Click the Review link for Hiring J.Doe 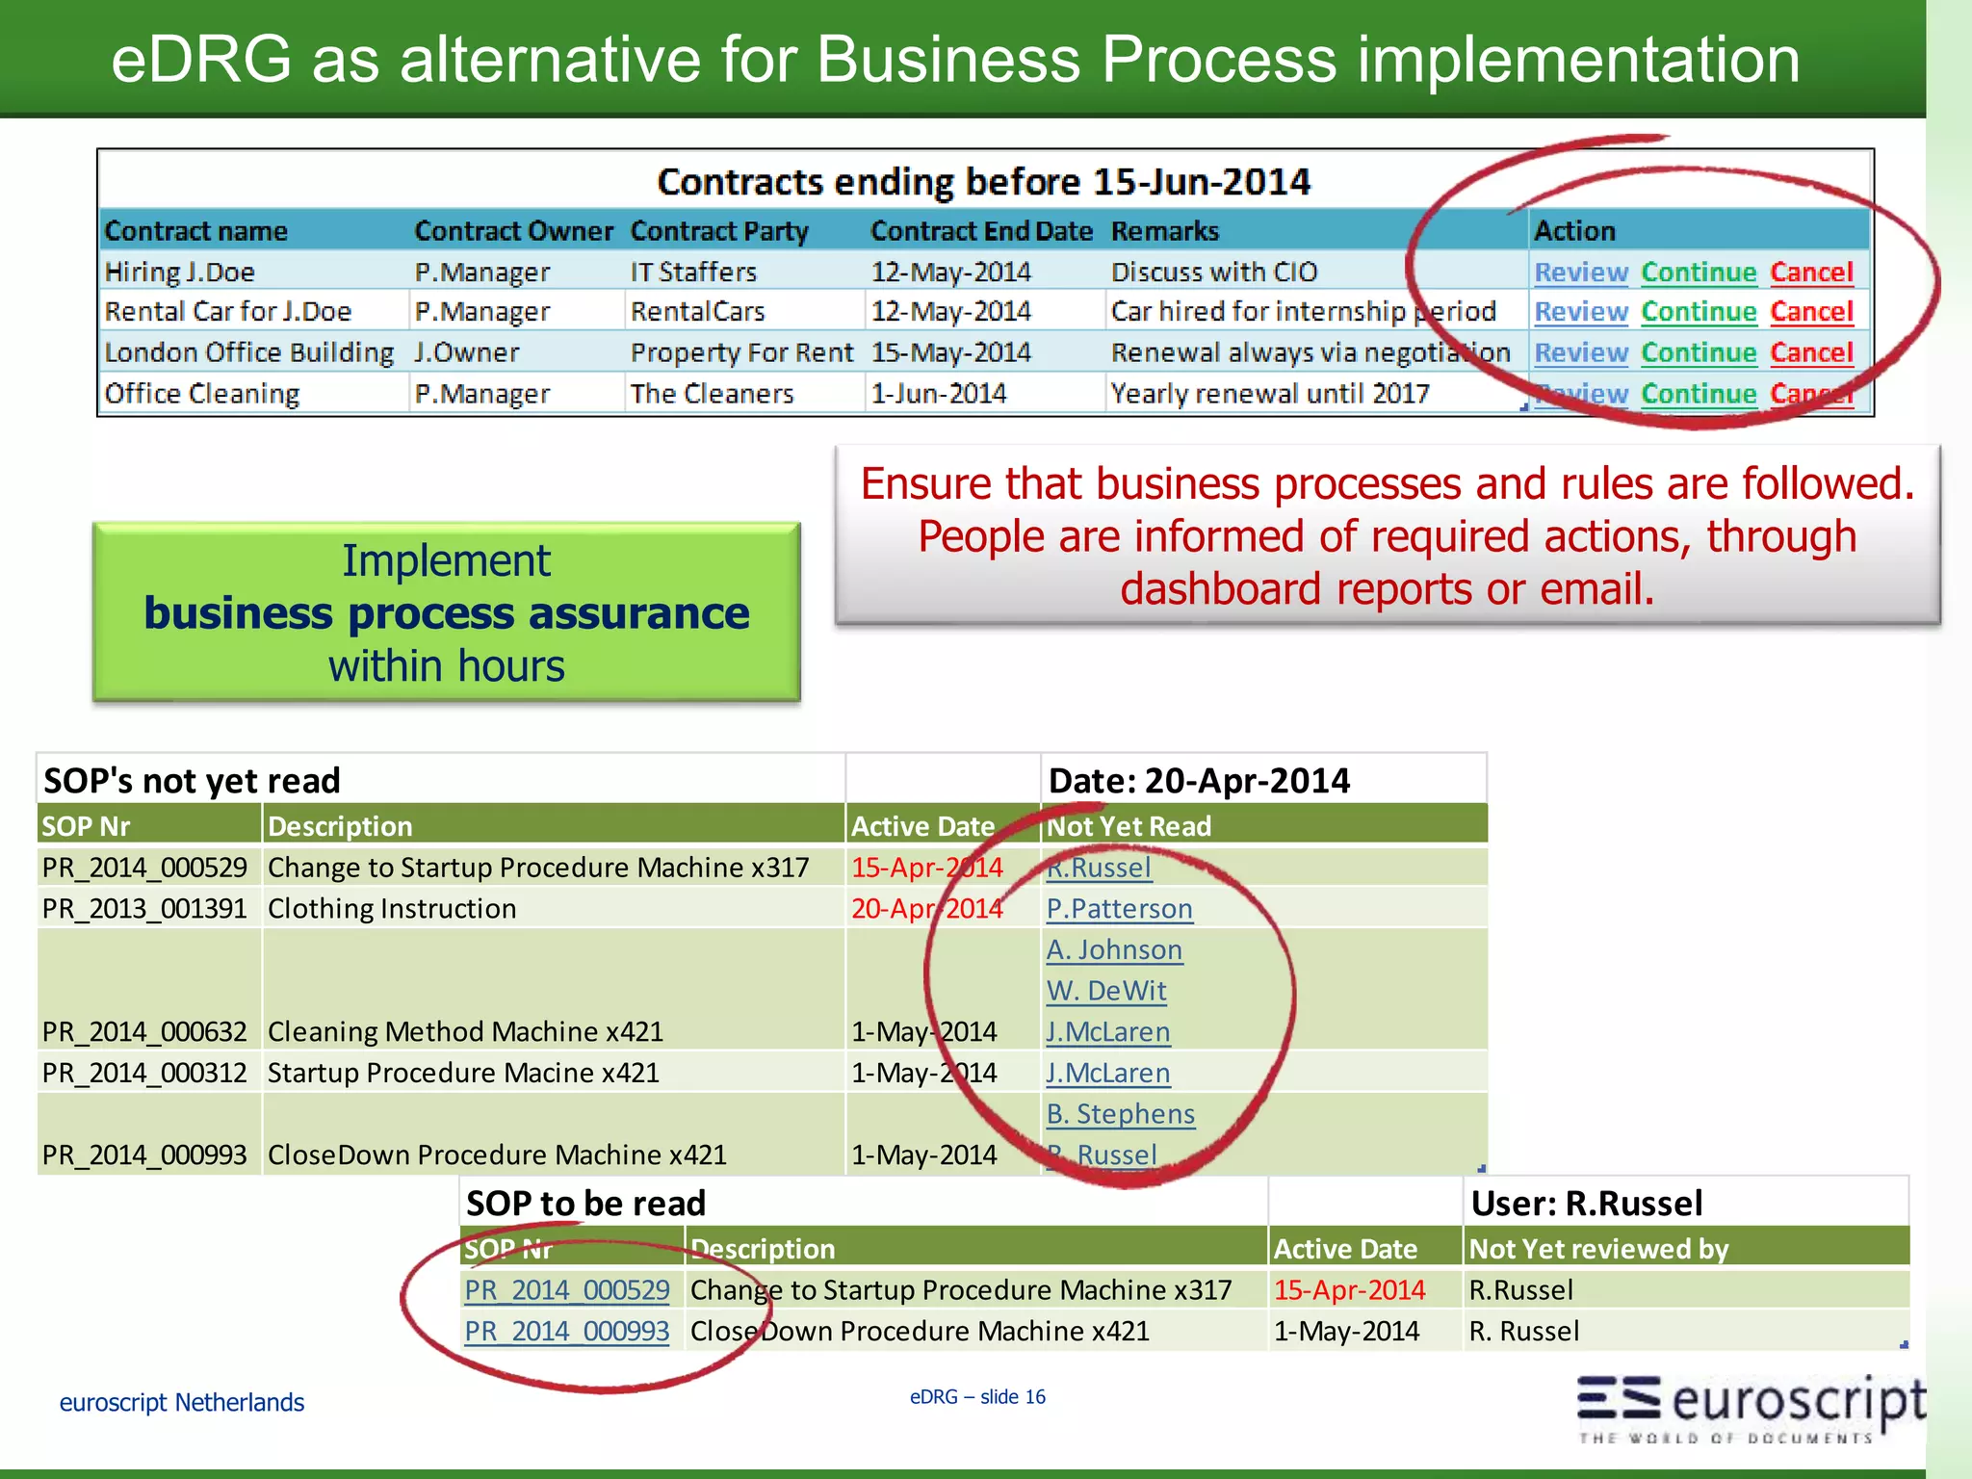coord(1580,272)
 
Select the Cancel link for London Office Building coord(1811,353)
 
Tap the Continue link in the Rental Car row coord(1699,312)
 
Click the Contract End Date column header coord(980,231)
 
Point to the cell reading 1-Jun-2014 coord(938,394)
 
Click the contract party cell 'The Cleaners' coord(712,394)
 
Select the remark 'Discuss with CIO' coord(1213,272)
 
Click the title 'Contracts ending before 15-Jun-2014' coord(983,182)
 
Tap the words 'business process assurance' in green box coord(446,613)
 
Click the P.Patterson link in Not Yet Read coord(1119,909)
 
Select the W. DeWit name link coord(1106,991)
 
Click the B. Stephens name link coord(1120,1114)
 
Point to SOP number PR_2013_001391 coord(144,909)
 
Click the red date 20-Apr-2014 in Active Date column coord(926,909)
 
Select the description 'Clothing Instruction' coord(392,909)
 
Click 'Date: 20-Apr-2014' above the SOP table coord(1199,781)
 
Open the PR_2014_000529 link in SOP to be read coord(566,1290)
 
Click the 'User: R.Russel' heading coord(1586,1204)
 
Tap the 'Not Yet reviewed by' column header coord(1598,1249)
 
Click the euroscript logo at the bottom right coord(1751,1407)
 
